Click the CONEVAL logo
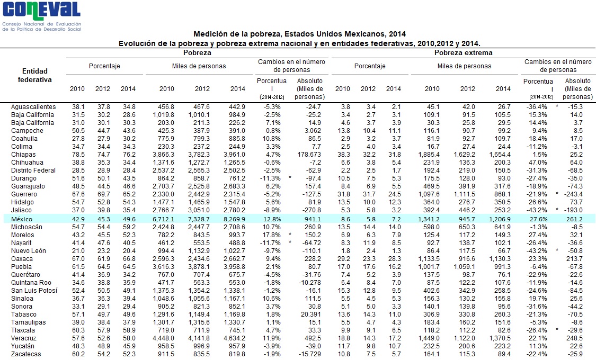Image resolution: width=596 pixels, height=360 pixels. [x=41, y=16]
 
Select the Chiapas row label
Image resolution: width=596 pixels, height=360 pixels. [x=23, y=155]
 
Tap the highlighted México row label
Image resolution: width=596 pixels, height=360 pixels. [x=22, y=219]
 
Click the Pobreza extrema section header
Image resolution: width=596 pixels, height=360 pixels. [x=464, y=53]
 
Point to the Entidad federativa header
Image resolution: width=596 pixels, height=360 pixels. [x=34, y=75]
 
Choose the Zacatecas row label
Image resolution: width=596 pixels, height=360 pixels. [x=26, y=354]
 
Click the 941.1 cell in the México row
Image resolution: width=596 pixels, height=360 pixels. [x=313, y=219]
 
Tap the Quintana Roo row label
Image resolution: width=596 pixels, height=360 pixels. [x=31, y=283]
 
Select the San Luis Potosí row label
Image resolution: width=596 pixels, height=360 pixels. [x=34, y=291]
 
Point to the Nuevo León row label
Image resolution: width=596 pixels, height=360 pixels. [x=29, y=250]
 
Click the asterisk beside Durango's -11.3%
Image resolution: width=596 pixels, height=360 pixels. [x=290, y=177]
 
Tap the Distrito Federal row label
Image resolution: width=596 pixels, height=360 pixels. [x=33, y=170]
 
